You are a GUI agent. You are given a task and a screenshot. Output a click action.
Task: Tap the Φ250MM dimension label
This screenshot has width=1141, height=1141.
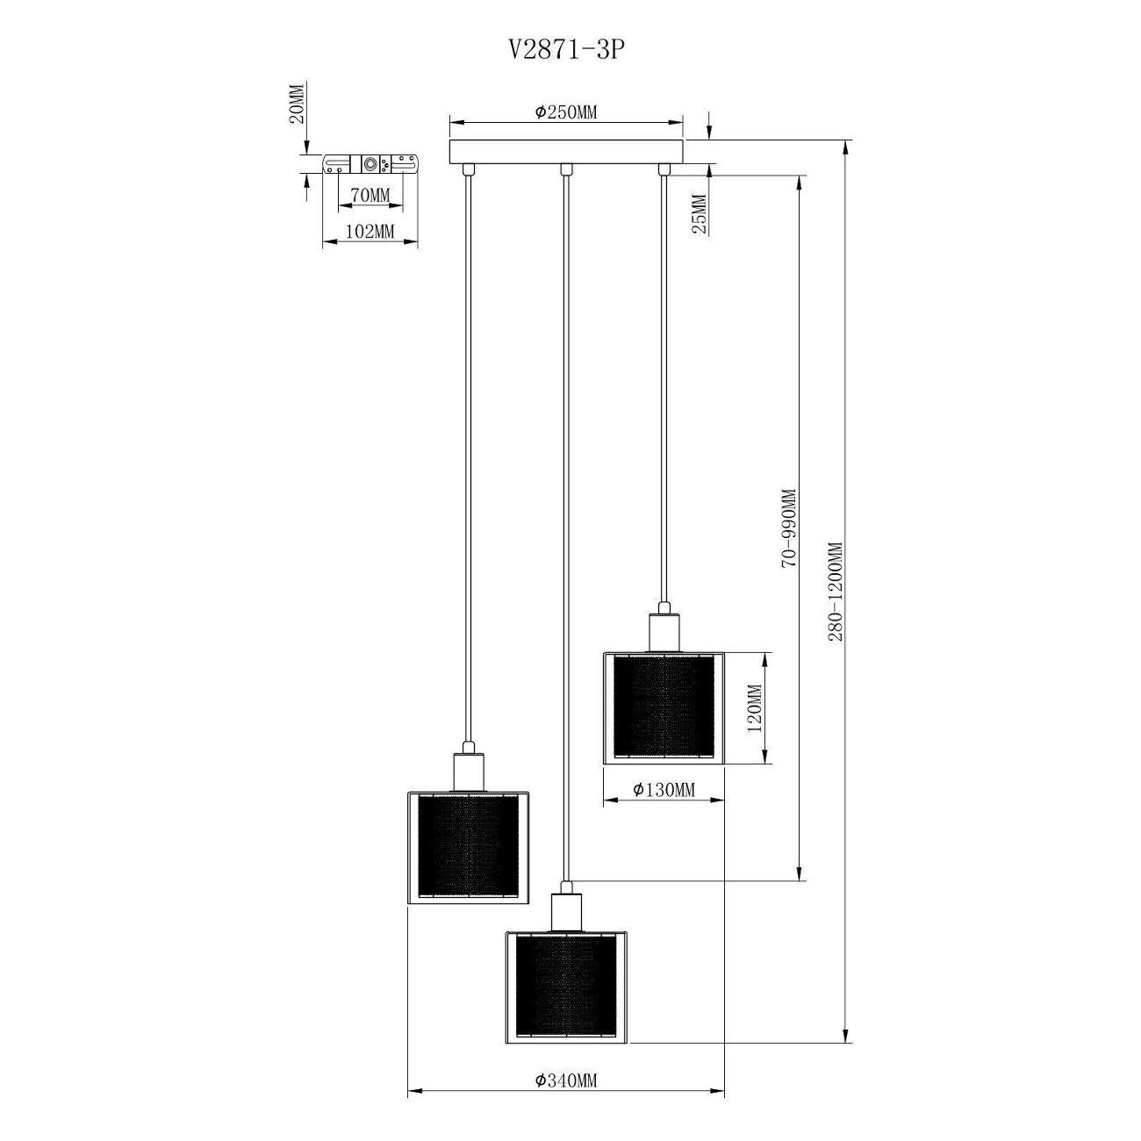tap(566, 112)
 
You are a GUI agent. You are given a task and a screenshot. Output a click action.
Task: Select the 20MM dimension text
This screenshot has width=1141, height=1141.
tap(298, 103)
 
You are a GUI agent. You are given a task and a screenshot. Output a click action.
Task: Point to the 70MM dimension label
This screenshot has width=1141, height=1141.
tap(370, 194)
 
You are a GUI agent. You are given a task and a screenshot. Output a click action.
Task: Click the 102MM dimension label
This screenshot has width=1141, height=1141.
tap(370, 232)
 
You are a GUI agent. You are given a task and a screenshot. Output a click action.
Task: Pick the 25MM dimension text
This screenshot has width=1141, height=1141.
tap(700, 214)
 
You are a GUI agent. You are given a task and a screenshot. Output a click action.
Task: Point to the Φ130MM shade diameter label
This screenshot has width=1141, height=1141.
tap(664, 789)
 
